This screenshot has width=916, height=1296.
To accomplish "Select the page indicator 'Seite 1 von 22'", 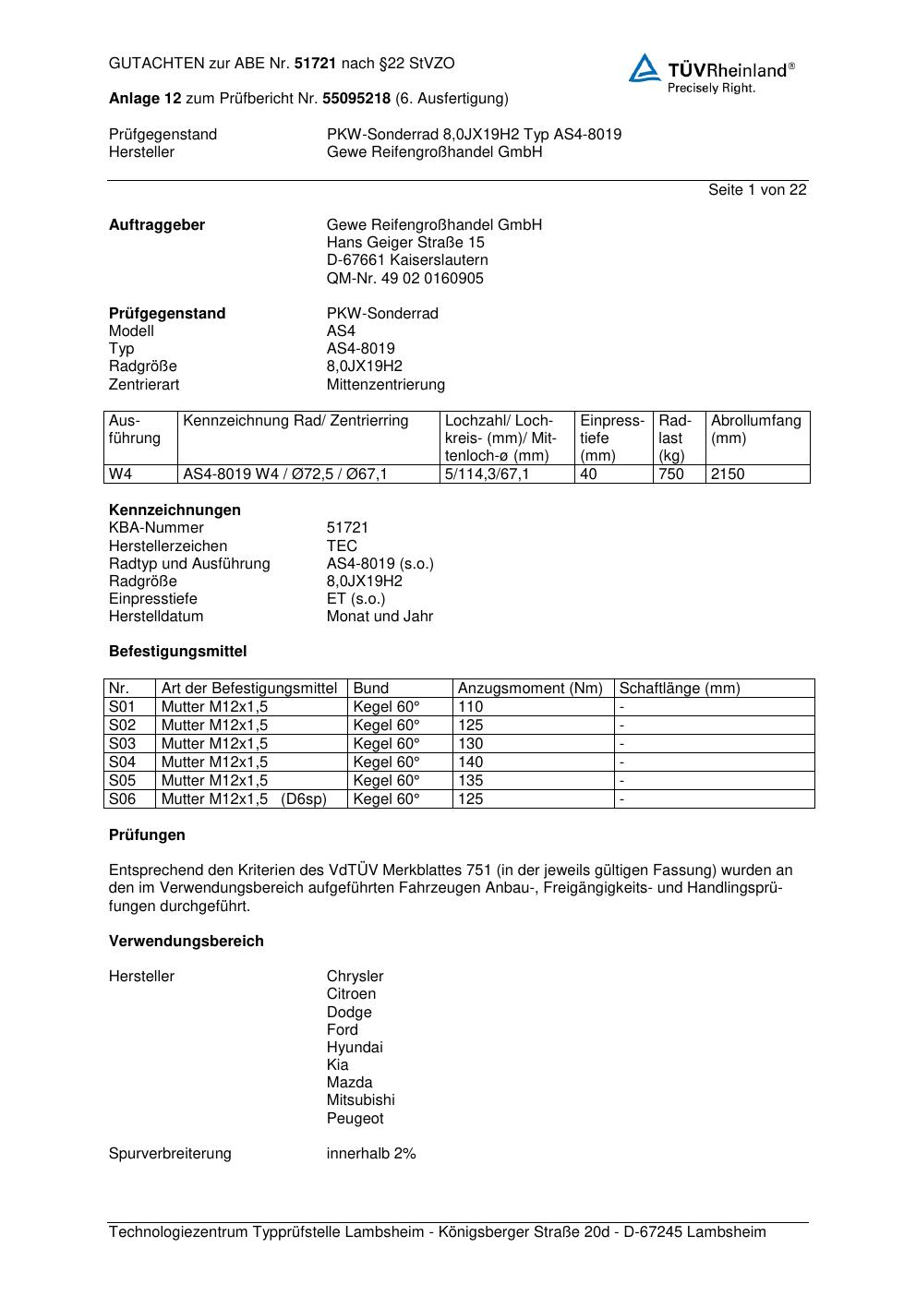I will click(757, 190).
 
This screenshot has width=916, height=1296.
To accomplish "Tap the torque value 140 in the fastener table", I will click(470, 762).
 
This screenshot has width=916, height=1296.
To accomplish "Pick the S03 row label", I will click(122, 744).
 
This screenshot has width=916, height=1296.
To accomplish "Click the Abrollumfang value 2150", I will click(728, 474).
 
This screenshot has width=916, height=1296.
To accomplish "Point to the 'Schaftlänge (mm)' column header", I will click(680, 689).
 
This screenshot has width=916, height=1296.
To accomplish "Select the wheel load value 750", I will click(671, 474).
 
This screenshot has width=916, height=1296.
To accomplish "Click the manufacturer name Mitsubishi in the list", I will click(360, 1100).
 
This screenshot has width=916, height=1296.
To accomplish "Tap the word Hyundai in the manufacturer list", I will click(355, 1048).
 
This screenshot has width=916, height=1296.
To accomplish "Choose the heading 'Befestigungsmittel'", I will click(178, 652).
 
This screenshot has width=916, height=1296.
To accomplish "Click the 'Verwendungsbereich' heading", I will click(187, 942).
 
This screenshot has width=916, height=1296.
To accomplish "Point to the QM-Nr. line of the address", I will click(404, 279).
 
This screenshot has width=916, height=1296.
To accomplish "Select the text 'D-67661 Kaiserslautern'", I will click(407, 260).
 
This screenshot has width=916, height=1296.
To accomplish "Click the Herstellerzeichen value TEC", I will click(342, 546).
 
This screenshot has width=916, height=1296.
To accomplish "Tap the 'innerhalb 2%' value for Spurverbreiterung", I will click(371, 1154).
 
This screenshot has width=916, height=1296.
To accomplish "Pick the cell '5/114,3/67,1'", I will click(487, 474).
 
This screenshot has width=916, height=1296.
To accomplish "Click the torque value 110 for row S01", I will click(470, 707).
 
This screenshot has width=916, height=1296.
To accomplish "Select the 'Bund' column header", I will click(371, 689).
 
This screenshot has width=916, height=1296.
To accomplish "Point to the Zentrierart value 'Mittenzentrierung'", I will click(385, 385).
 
